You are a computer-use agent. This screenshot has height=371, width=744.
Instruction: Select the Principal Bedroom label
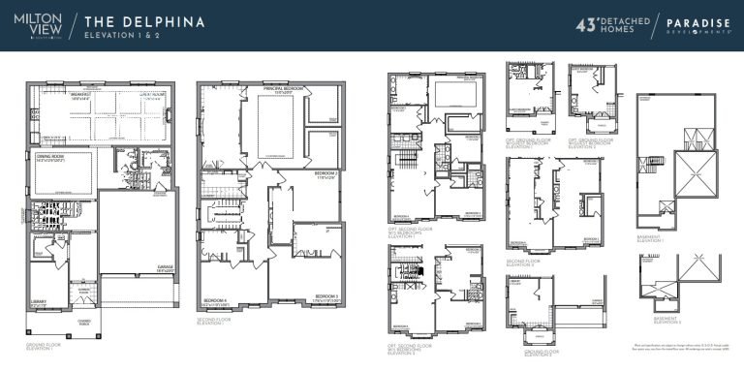[x=283, y=89]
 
